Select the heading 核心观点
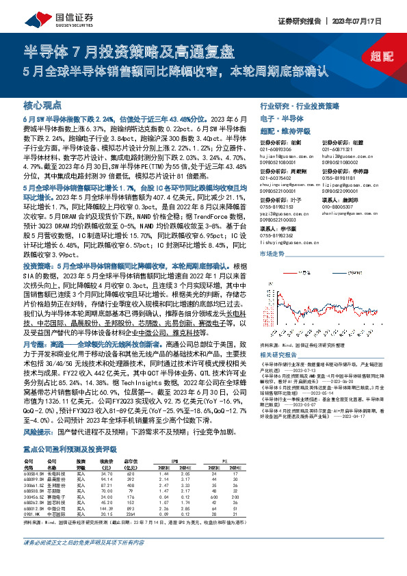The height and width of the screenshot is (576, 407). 43,106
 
